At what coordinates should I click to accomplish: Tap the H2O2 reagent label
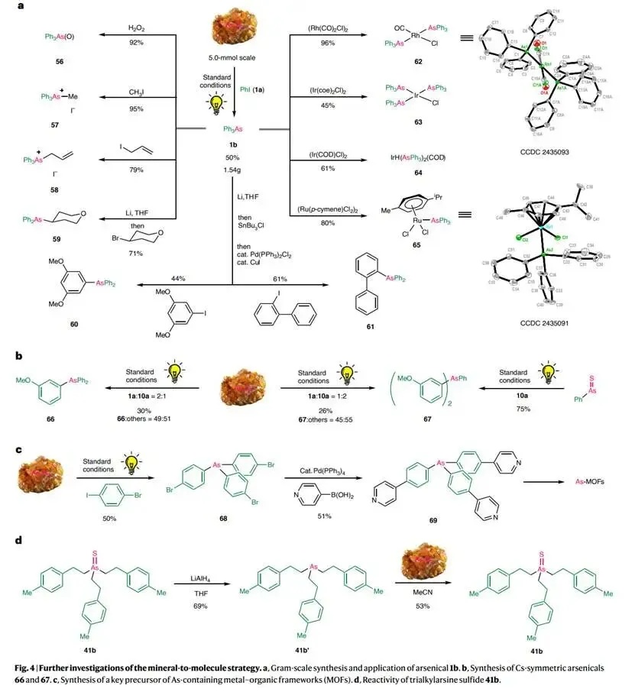click(x=137, y=28)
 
